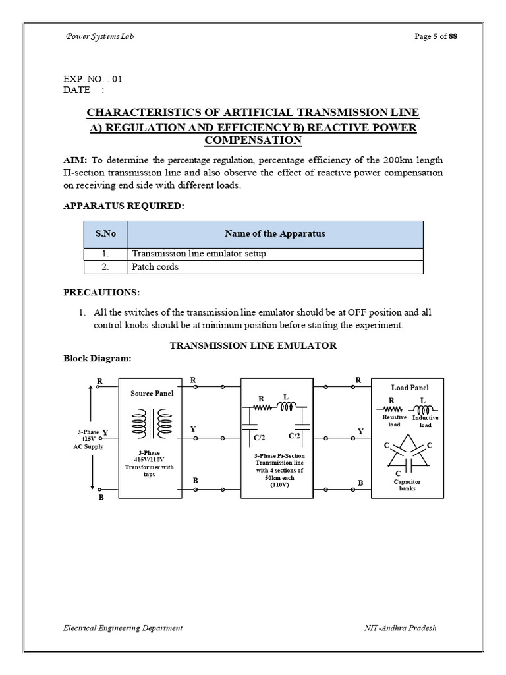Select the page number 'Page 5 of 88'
[x=436, y=36]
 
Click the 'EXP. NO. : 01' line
[x=93, y=79]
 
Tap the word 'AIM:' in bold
[x=75, y=160]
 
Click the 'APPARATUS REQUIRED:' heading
[x=124, y=206]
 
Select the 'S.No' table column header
[x=105, y=234]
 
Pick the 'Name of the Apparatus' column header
[x=275, y=234]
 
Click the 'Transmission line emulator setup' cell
[x=199, y=254]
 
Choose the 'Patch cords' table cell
[x=155, y=267]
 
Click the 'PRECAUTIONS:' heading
[x=101, y=292]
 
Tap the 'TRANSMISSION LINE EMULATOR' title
[x=254, y=345]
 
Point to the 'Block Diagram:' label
[x=97, y=359]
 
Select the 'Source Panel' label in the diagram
[x=152, y=394]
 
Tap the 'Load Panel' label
[x=410, y=388]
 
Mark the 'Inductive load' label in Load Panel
[x=425, y=421]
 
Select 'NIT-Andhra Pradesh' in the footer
[x=400, y=628]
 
